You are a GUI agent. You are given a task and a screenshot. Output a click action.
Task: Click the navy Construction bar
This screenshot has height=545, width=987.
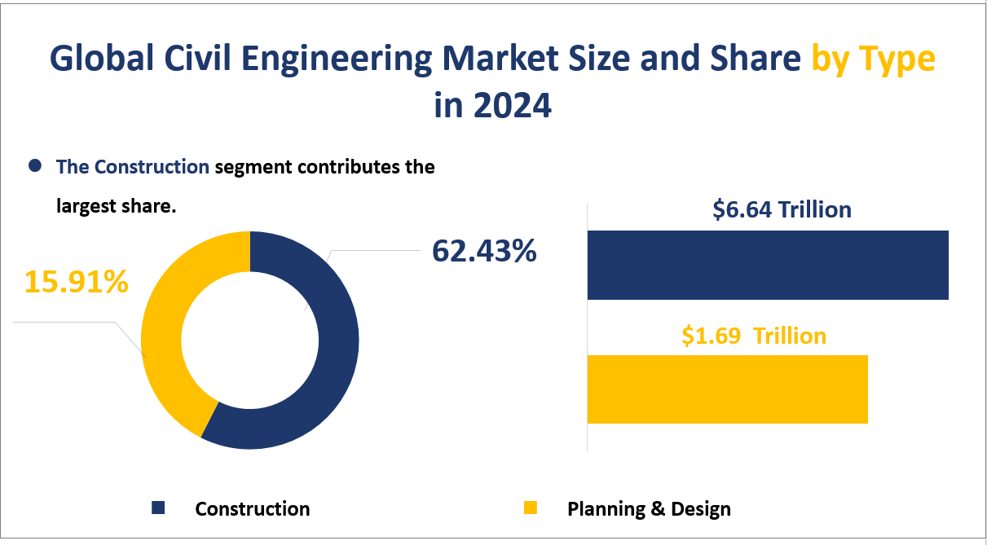point(768,266)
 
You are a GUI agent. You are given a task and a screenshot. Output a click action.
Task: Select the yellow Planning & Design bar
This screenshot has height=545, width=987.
point(727,389)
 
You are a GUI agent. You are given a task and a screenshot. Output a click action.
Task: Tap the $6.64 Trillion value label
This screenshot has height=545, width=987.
point(782,210)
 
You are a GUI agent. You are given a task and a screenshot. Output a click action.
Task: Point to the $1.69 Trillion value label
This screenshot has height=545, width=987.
point(754,336)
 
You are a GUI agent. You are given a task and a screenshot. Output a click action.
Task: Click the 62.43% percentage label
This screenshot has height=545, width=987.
point(483,252)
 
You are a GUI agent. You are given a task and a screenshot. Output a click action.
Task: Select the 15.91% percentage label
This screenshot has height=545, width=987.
point(76,282)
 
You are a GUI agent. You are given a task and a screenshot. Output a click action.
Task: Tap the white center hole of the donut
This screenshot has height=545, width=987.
point(249,340)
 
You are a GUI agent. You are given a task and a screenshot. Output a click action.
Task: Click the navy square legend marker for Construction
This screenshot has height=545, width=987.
point(158,508)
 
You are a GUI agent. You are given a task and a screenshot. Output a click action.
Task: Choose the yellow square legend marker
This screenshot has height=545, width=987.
point(531,508)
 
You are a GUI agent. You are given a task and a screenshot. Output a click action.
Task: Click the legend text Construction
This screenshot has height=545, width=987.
point(253,509)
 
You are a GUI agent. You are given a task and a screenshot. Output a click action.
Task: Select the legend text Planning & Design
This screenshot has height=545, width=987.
point(649,509)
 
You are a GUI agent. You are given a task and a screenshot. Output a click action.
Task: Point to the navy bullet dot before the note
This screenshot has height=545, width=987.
point(34,166)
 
